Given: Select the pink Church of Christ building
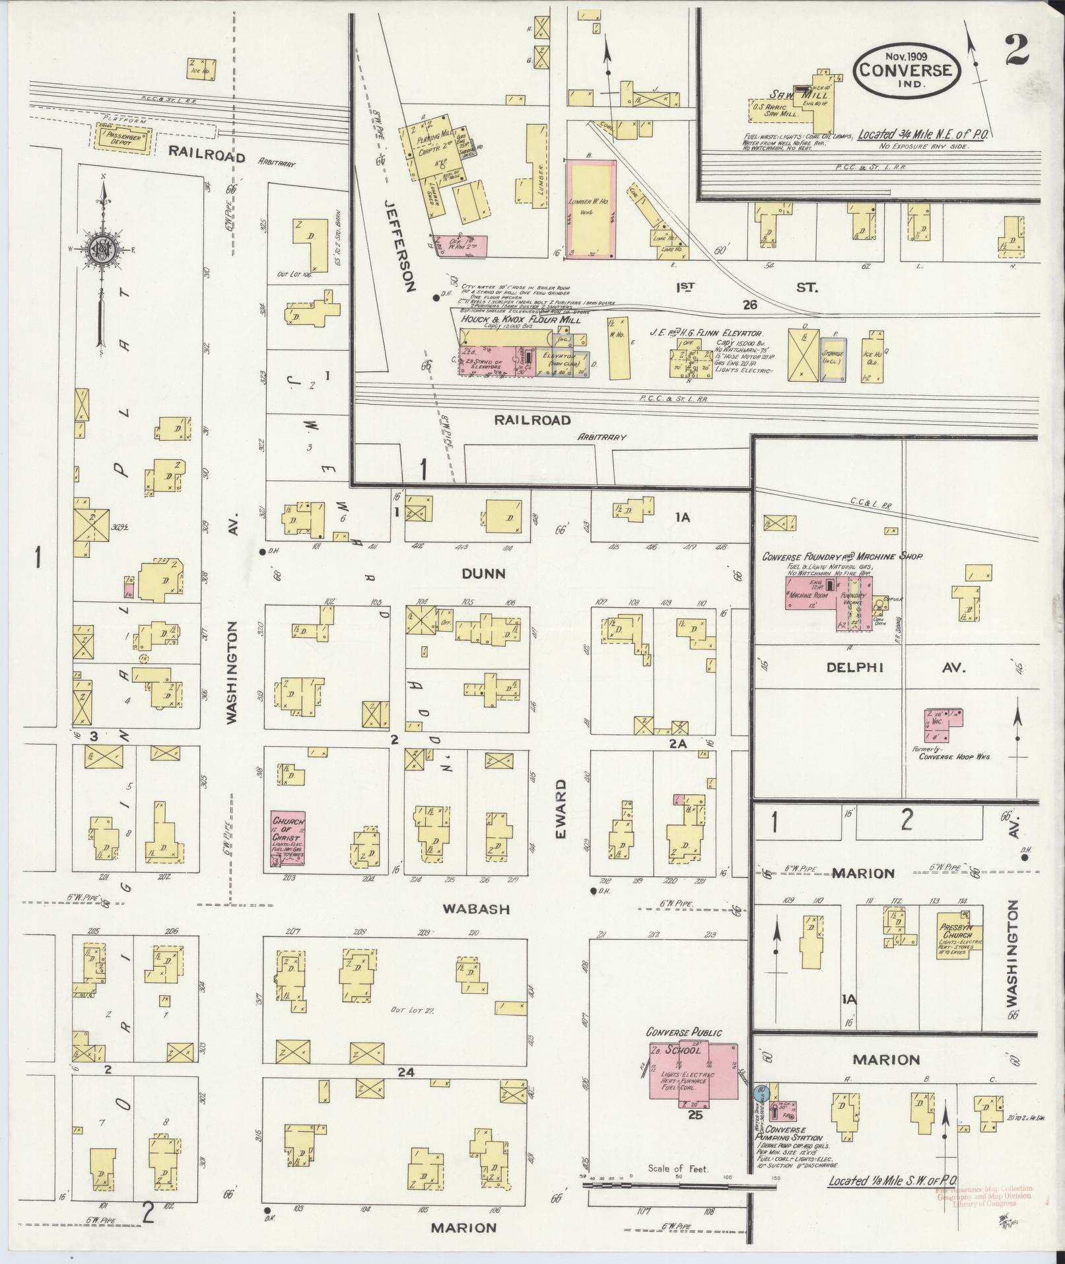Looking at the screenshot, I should click(x=288, y=838).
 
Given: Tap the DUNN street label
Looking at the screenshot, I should click(x=483, y=574).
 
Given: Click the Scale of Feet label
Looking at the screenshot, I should click(x=678, y=1168).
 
